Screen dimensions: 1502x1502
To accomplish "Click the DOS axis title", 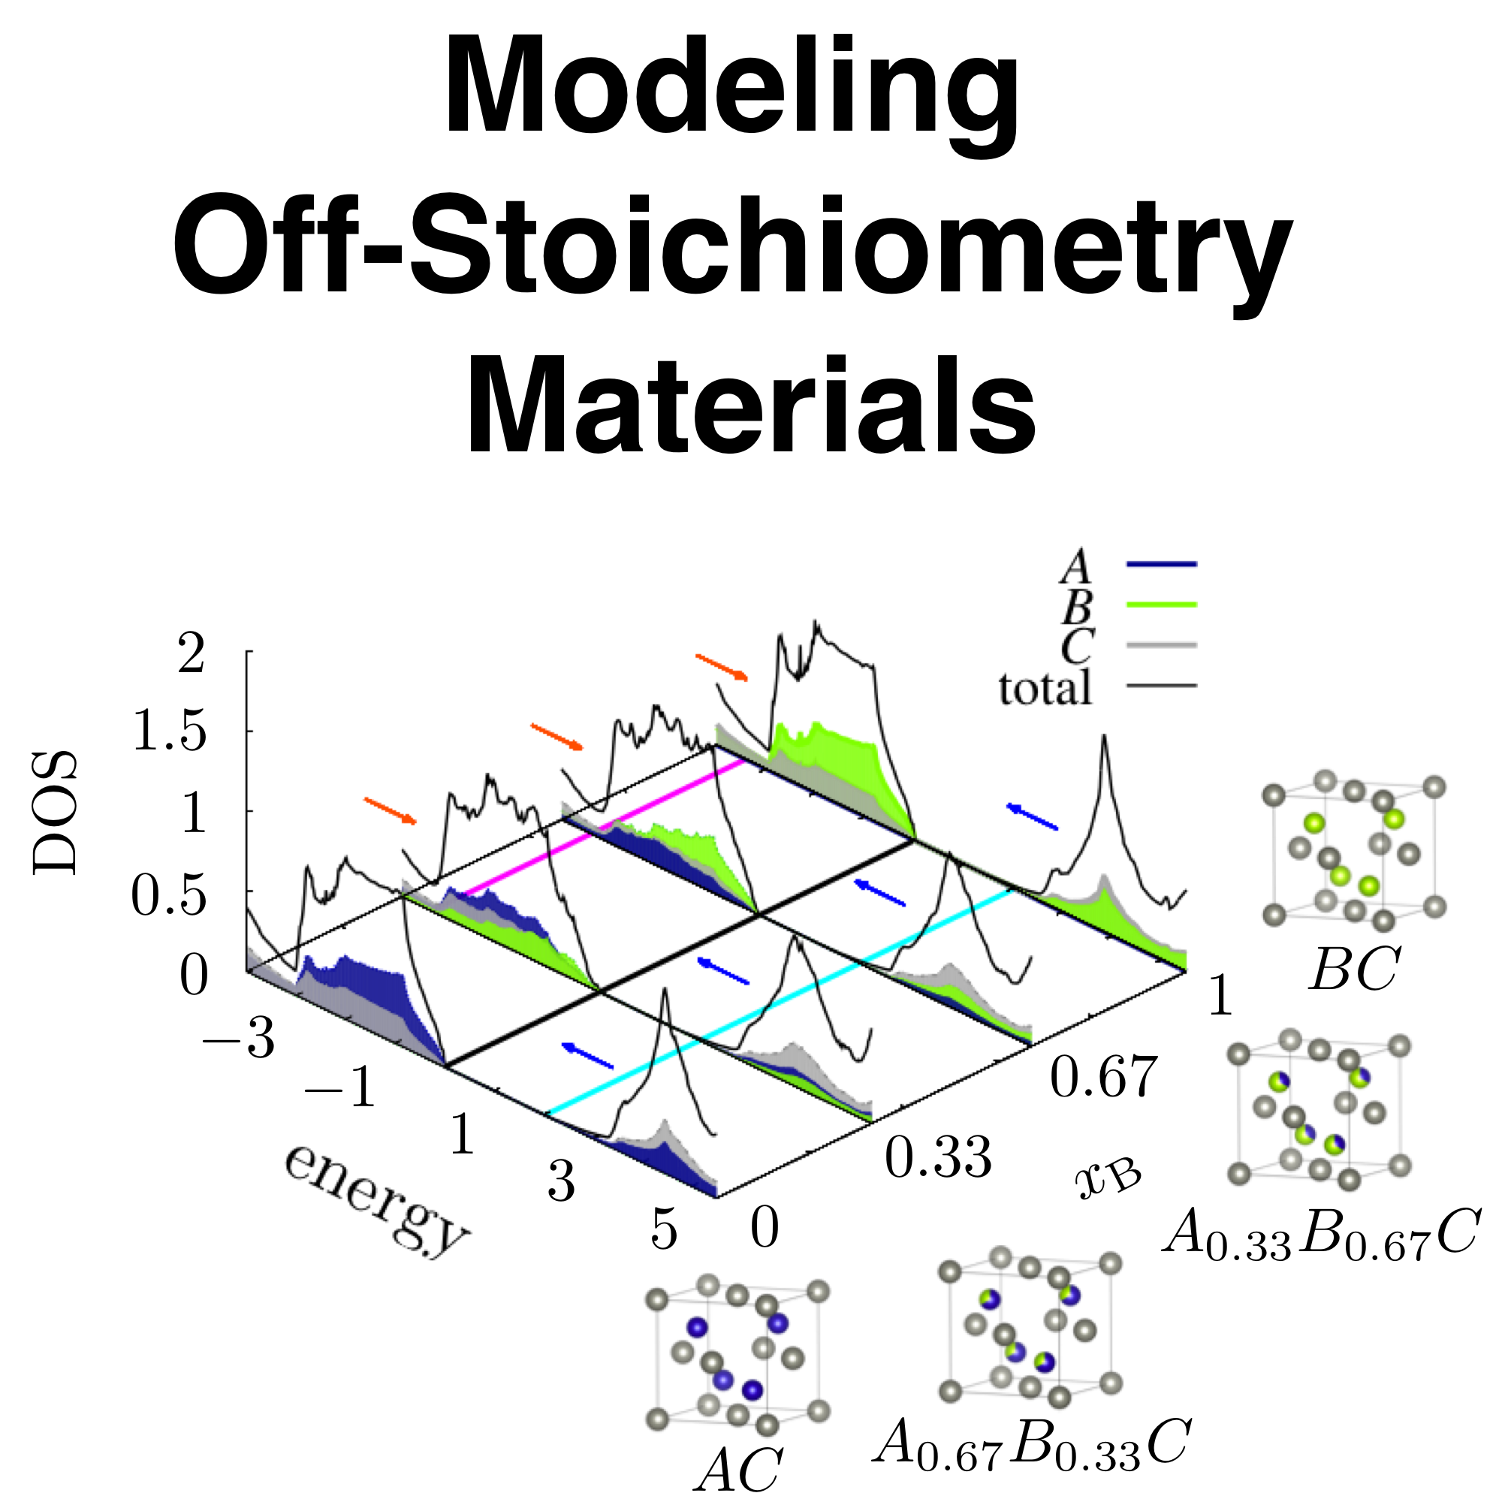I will [x=56, y=813].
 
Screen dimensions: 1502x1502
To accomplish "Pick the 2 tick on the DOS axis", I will [x=192, y=653].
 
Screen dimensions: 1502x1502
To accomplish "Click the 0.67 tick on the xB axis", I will [x=1103, y=1076].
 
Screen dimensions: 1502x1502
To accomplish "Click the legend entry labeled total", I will [x=1045, y=689].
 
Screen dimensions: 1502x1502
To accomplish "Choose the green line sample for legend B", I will [x=1162, y=604].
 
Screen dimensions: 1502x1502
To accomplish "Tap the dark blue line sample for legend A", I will [x=1162, y=564].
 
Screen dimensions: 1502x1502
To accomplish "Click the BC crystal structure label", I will [x=1354, y=970].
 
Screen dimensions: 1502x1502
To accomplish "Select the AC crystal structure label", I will [x=738, y=1470].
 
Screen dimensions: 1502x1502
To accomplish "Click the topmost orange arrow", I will [x=722, y=667].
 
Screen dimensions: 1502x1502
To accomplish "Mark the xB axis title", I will [x=1108, y=1179].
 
